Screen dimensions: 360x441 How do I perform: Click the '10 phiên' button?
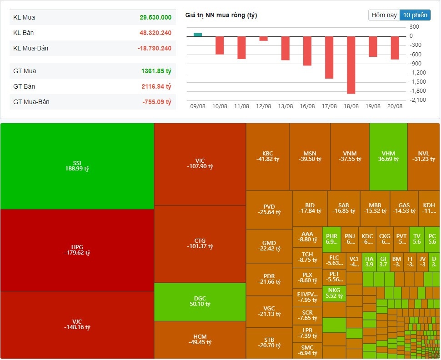[415, 15]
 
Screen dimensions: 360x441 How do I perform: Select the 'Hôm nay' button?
[384, 15]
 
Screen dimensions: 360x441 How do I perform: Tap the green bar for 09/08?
[197, 35]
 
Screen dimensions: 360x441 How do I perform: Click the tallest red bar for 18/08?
[351, 65]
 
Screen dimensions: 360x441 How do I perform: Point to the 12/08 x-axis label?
[263, 106]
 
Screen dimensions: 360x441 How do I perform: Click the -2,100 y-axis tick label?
[418, 100]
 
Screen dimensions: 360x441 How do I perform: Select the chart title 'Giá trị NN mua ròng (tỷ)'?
[221, 15]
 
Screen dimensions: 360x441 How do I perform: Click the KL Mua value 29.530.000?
[155, 17]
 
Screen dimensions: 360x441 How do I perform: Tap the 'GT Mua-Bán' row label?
[31, 102]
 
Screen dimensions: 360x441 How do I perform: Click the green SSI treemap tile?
[77, 165]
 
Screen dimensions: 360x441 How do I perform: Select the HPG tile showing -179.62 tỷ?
[77, 250]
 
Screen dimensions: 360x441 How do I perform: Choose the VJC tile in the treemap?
[77, 325]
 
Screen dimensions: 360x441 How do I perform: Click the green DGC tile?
[200, 301]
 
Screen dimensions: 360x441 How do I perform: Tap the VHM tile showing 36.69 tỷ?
[388, 156]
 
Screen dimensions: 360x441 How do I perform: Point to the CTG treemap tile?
[200, 244]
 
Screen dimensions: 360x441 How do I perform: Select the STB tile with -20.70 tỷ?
[269, 343]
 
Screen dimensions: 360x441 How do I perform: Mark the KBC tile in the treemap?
[268, 156]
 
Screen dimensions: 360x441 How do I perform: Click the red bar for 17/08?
[329, 57]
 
